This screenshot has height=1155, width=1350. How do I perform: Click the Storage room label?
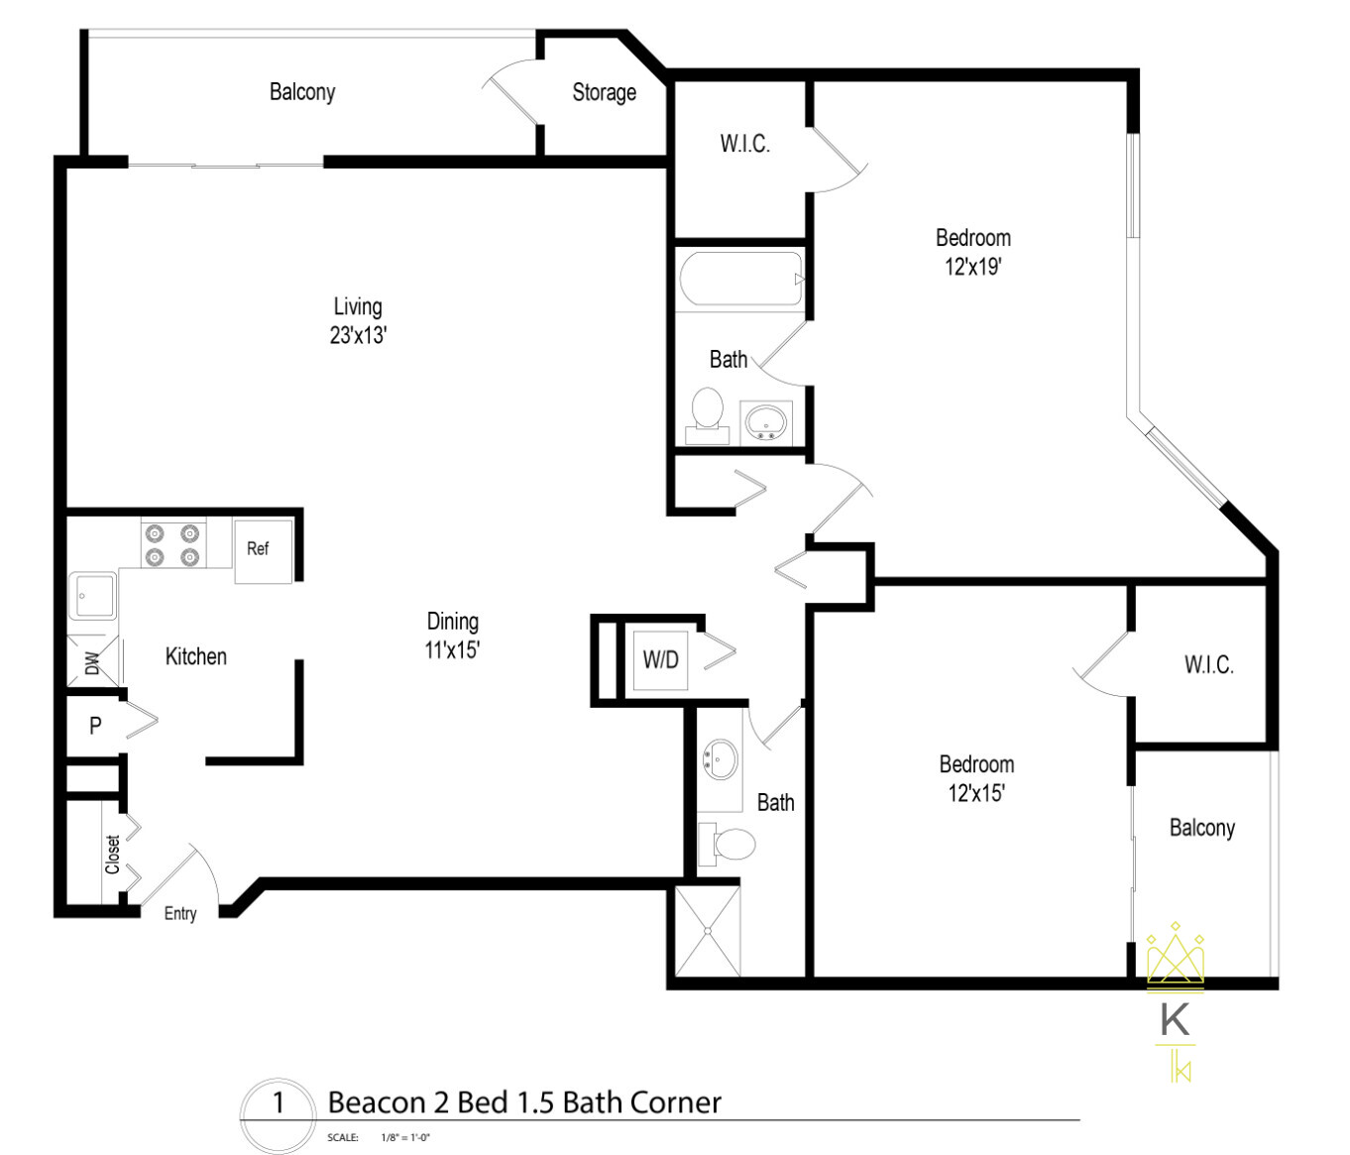pyautogui.click(x=604, y=93)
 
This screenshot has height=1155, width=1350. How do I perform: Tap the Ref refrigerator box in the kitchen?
pyautogui.click(x=261, y=550)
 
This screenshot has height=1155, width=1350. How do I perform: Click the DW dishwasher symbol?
pyautogui.click(x=92, y=661)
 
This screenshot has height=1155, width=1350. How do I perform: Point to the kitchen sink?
pyautogui.click(x=92, y=597)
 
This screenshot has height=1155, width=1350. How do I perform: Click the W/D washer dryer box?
pyautogui.click(x=661, y=659)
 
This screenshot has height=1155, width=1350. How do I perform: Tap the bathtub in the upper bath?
pyautogui.click(x=740, y=279)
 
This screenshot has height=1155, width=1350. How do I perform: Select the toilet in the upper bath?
pyautogui.click(x=707, y=413)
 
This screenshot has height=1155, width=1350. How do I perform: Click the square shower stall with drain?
pyautogui.click(x=707, y=931)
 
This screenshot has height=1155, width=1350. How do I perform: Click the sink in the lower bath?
pyautogui.click(x=721, y=760)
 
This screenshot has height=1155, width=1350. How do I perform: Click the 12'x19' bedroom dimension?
pyautogui.click(x=972, y=267)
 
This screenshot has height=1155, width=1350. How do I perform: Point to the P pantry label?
pyautogui.click(x=95, y=726)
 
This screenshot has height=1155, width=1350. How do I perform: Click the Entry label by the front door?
pyautogui.click(x=180, y=914)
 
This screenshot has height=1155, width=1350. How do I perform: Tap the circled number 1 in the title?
pyautogui.click(x=279, y=1102)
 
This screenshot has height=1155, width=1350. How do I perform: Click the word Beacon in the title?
pyautogui.click(x=375, y=1102)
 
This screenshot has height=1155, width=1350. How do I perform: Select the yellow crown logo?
pyautogui.click(x=1176, y=957)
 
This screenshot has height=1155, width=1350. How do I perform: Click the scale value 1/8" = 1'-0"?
pyautogui.click(x=404, y=1138)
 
